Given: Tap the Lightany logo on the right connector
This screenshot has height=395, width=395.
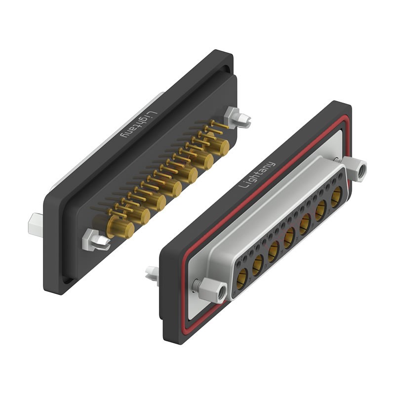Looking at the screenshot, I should point(257,174).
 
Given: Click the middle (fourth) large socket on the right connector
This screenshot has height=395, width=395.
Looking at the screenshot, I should point(289,239).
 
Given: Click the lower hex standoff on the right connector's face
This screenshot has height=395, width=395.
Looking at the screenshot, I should point(216,291).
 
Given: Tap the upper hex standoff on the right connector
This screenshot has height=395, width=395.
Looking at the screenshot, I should point(357,169).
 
